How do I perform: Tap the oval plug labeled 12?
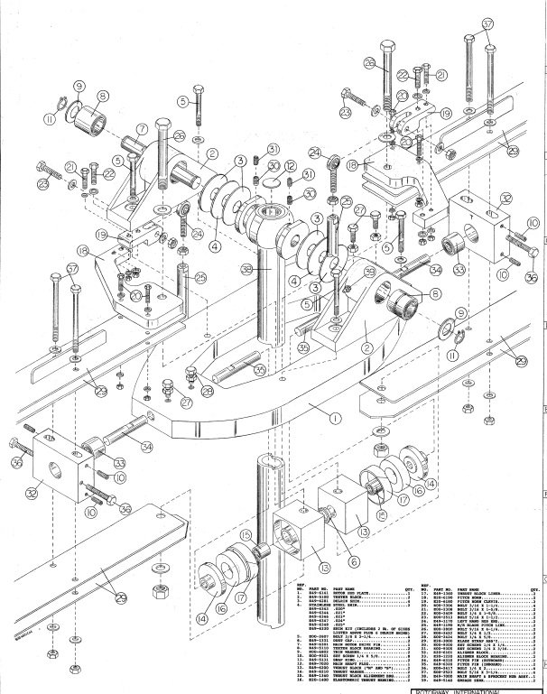pyautogui.click(x=270, y=184)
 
